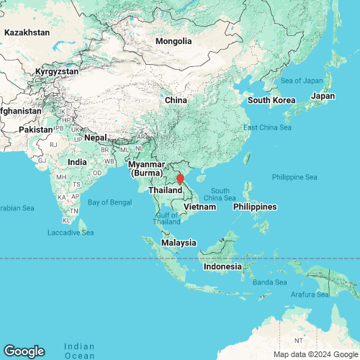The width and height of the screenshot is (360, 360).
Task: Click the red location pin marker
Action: pyautogui.click(x=181, y=176)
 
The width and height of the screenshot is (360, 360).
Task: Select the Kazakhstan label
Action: pyautogui.click(x=27, y=32)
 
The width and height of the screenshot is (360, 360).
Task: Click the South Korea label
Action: pyautogui.click(x=268, y=99)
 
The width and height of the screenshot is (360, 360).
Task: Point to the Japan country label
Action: pyautogui.click(x=323, y=96)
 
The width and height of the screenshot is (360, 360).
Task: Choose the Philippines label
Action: pyautogui.click(x=255, y=207)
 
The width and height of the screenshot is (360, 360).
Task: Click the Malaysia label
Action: pyautogui.click(x=179, y=243)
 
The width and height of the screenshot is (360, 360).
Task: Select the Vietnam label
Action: pyautogui.click(x=199, y=207)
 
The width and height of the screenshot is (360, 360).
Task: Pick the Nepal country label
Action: pyautogui.click(x=95, y=137)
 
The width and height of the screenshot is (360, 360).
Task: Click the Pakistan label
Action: pyautogui.click(x=36, y=129)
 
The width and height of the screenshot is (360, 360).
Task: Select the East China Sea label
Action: pyautogui.click(x=267, y=127)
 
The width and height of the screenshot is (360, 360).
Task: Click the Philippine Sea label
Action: pyautogui.click(x=294, y=177)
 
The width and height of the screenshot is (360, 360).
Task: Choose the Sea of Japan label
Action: pyautogui.click(x=302, y=79)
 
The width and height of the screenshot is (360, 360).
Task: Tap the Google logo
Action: pyautogui.click(x=23, y=351)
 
